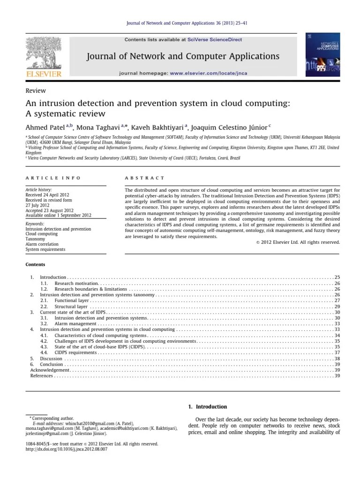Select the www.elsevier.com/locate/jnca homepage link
coord(208,74)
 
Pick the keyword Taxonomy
coord(35,238)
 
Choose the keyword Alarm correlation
coord(42,244)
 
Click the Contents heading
coord(35,264)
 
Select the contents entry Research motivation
coord(76,284)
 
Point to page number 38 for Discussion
coord(337,358)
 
